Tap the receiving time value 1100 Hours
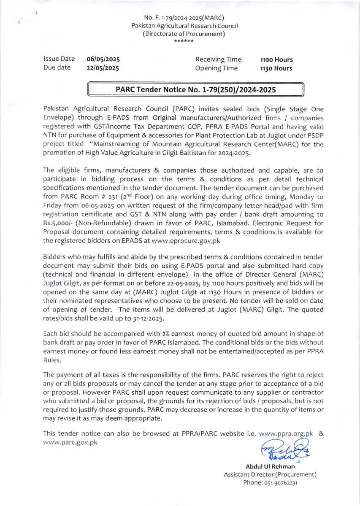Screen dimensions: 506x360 [276, 60]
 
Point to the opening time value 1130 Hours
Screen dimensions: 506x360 [276, 68]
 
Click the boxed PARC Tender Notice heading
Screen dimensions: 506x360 [195, 90]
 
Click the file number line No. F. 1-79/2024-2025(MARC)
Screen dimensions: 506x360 [184, 18]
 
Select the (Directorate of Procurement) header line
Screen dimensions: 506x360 [184, 34]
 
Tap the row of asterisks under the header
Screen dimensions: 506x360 [184, 41]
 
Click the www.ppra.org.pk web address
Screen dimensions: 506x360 [286, 433]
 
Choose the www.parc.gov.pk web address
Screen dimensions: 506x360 [70, 442]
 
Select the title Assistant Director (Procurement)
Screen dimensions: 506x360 [270, 474]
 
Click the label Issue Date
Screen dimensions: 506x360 [59, 59]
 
